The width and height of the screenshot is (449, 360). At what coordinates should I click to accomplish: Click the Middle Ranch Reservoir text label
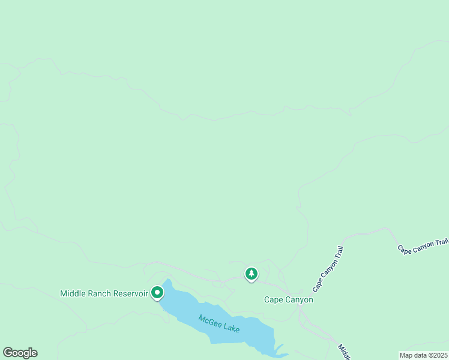pos(104,293)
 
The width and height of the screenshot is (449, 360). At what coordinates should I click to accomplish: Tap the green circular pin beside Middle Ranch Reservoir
pos(157,292)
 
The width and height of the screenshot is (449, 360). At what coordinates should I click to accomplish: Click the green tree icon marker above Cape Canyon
pos(252,274)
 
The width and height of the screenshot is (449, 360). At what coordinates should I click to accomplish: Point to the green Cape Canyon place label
pos(289,299)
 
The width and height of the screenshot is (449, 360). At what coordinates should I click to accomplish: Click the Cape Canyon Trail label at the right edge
pos(423,245)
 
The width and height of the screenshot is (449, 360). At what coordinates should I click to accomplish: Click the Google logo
pos(20,353)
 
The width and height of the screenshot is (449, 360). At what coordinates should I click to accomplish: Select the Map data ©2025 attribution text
pos(424,355)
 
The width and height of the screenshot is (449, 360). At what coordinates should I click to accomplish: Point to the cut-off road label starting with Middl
pos(343,352)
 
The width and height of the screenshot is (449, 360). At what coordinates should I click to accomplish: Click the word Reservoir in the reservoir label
pos(130,293)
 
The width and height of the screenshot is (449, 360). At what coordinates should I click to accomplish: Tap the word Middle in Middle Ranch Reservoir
pos(73,293)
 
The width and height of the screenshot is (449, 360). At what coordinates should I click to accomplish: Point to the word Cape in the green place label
pos(273,299)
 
